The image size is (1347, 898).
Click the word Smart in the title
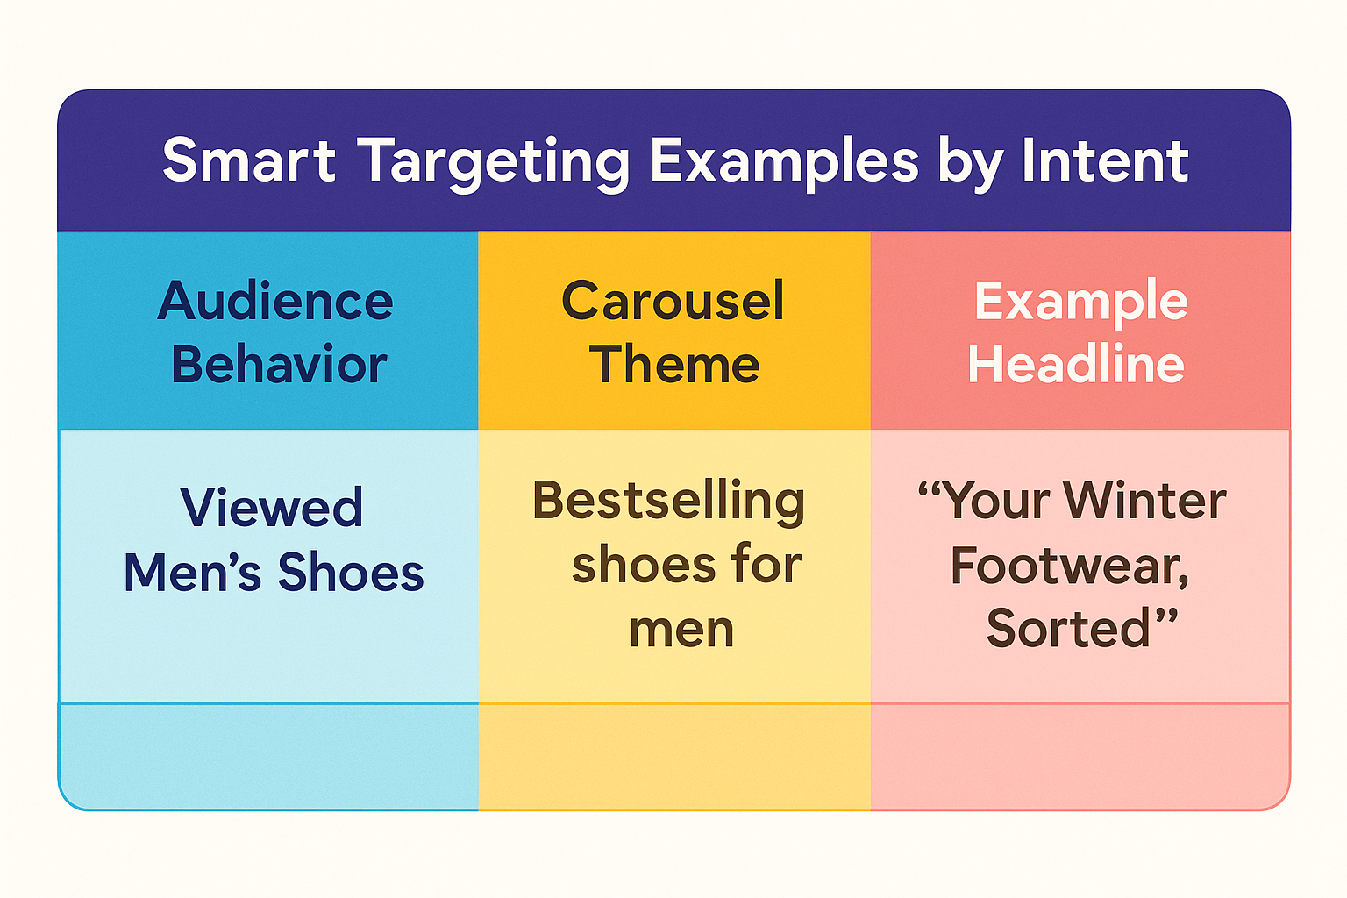pos(249,160)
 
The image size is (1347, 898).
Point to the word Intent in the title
pos(1105,160)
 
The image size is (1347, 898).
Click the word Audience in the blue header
pos(275,300)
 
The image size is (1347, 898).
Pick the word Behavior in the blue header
pos(279,364)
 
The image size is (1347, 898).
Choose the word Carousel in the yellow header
pos(673,300)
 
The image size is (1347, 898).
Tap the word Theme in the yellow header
pos(674,364)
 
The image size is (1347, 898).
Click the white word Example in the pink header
pos(1081,303)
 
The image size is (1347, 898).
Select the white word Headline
pos(1076,364)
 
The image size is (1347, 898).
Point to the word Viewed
pos(272,507)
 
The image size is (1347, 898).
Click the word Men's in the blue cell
pos(192,572)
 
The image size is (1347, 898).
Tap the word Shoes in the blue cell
pos(351,572)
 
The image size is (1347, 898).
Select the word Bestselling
pos(669,503)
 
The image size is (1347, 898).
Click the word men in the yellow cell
pos(682,631)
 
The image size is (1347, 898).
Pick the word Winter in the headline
pos(1144,501)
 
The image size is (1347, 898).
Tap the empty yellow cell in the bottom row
pos(674,756)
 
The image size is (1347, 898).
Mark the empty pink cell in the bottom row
pos(1080,756)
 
